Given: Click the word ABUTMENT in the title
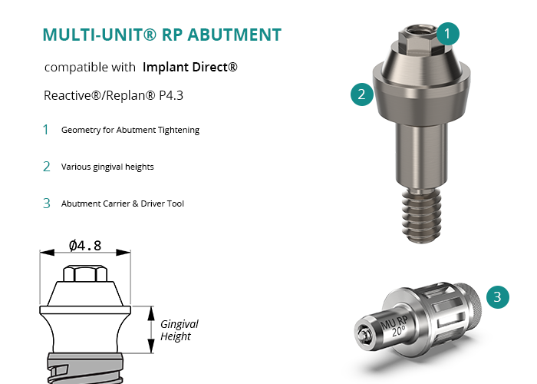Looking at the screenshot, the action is coord(235,35).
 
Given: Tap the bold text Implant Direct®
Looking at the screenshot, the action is coord(190,67).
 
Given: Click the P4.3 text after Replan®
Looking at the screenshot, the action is coord(171,95).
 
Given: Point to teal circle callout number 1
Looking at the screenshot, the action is coord(447,34).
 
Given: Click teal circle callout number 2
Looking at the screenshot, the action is coord(362,94).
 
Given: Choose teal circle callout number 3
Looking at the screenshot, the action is coord(498,297).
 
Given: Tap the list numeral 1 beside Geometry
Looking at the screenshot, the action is coord(45,130).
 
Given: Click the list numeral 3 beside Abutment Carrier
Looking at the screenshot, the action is coord(47,204).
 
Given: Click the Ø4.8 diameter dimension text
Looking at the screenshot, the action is coord(85,246).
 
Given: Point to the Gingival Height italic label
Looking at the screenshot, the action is coord(179,330).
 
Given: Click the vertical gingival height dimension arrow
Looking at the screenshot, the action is coord(151,329).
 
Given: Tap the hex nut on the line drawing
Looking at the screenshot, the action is coord(85,273).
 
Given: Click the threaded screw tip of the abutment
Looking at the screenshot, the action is coord(421,215).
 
